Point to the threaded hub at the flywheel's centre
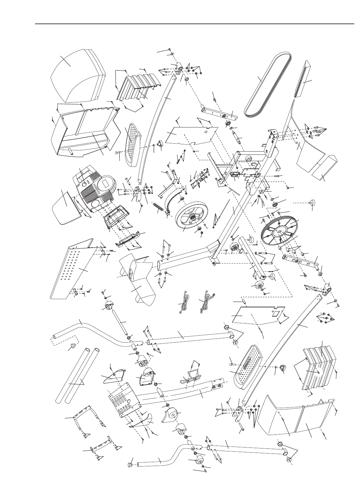point(192,216)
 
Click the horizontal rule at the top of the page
point(194,24)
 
